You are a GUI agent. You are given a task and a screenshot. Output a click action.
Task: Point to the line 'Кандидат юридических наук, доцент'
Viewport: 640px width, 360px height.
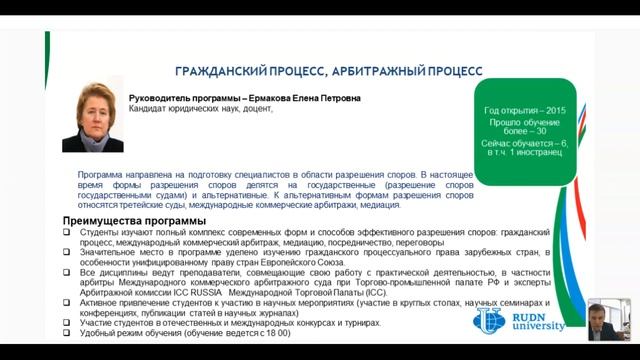pyautogui.click(x=201, y=109)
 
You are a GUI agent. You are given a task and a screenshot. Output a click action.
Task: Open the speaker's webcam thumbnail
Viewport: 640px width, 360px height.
pyautogui.click(x=609, y=319)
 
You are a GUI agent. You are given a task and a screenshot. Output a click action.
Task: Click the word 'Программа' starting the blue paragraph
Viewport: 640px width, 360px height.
pyautogui.click(x=103, y=174)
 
